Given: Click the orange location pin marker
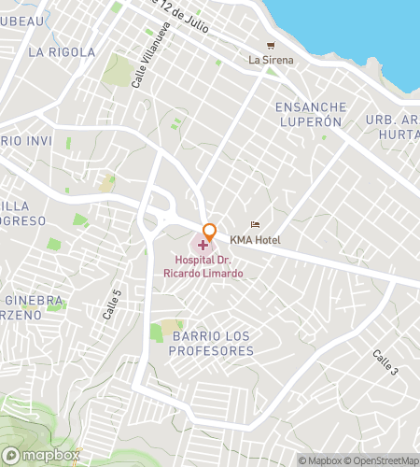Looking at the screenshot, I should point(210,232).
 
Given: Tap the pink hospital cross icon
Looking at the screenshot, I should point(203,245).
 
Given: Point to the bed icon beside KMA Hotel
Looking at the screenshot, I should point(255,225).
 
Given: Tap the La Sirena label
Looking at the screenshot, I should point(271,61).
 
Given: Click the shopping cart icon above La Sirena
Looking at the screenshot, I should point(271,45).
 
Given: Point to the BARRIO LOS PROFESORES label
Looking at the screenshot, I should point(213,343).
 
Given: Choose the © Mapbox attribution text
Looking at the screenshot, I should point(321,460).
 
